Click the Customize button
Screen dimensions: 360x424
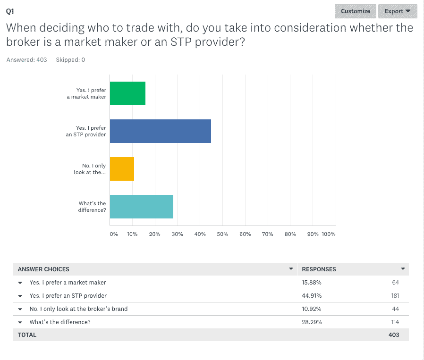pos(356,11)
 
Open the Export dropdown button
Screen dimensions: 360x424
pos(397,11)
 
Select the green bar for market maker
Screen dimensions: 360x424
pos(127,93)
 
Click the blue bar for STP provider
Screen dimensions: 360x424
pos(160,131)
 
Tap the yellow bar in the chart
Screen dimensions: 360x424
pos(122,169)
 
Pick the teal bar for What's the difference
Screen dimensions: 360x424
pos(141,207)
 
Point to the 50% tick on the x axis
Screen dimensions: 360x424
pos(222,234)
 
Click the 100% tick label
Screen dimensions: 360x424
pos(328,234)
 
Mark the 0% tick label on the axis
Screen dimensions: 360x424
pos(114,234)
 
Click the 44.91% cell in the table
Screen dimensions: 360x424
pos(312,296)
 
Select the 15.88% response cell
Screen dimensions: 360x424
pos(312,283)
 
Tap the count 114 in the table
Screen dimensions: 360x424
pos(395,322)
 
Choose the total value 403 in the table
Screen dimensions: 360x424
pos(394,335)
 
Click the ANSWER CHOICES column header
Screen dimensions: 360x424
pos(43,269)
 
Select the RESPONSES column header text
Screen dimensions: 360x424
pos(319,269)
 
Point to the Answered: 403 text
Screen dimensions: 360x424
pos(27,60)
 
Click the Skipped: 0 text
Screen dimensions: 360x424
pos(70,60)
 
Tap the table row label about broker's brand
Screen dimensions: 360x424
pos(78,309)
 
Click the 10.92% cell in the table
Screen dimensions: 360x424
pos(312,309)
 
